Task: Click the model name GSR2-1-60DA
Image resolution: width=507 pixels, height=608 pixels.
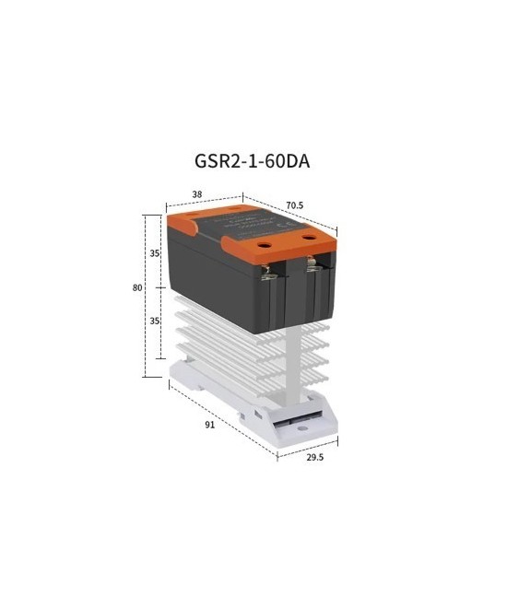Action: point(252,160)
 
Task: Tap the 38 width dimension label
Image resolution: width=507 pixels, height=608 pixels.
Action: point(197,195)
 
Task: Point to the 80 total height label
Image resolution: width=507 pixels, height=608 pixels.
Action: point(137,287)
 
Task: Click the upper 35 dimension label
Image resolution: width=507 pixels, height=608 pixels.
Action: point(155,252)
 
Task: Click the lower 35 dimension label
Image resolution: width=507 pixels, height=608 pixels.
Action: point(155,322)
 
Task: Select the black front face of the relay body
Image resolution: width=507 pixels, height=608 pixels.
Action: point(221,276)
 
